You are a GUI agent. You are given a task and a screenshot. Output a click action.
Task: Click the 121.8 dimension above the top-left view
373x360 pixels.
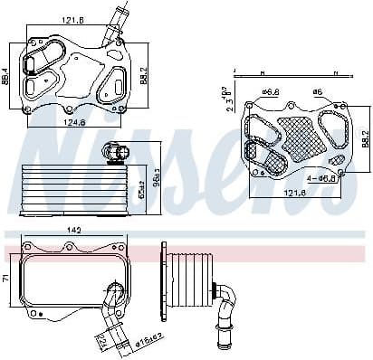[x=73, y=19]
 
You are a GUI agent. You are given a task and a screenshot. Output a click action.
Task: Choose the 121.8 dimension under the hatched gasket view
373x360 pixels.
[x=293, y=192]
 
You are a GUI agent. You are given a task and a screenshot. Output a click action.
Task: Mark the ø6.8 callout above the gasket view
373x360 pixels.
[x=270, y=91]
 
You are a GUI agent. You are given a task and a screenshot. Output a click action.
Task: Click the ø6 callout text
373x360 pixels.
[x=317, y=91]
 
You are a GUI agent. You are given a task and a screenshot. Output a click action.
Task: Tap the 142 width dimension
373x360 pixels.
[x=74, y=232]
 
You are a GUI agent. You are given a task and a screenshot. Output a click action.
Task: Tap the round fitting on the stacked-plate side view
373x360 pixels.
[x=110, y=152]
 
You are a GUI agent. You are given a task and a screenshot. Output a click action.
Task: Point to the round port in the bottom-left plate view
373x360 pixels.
[x=113, y=292]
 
